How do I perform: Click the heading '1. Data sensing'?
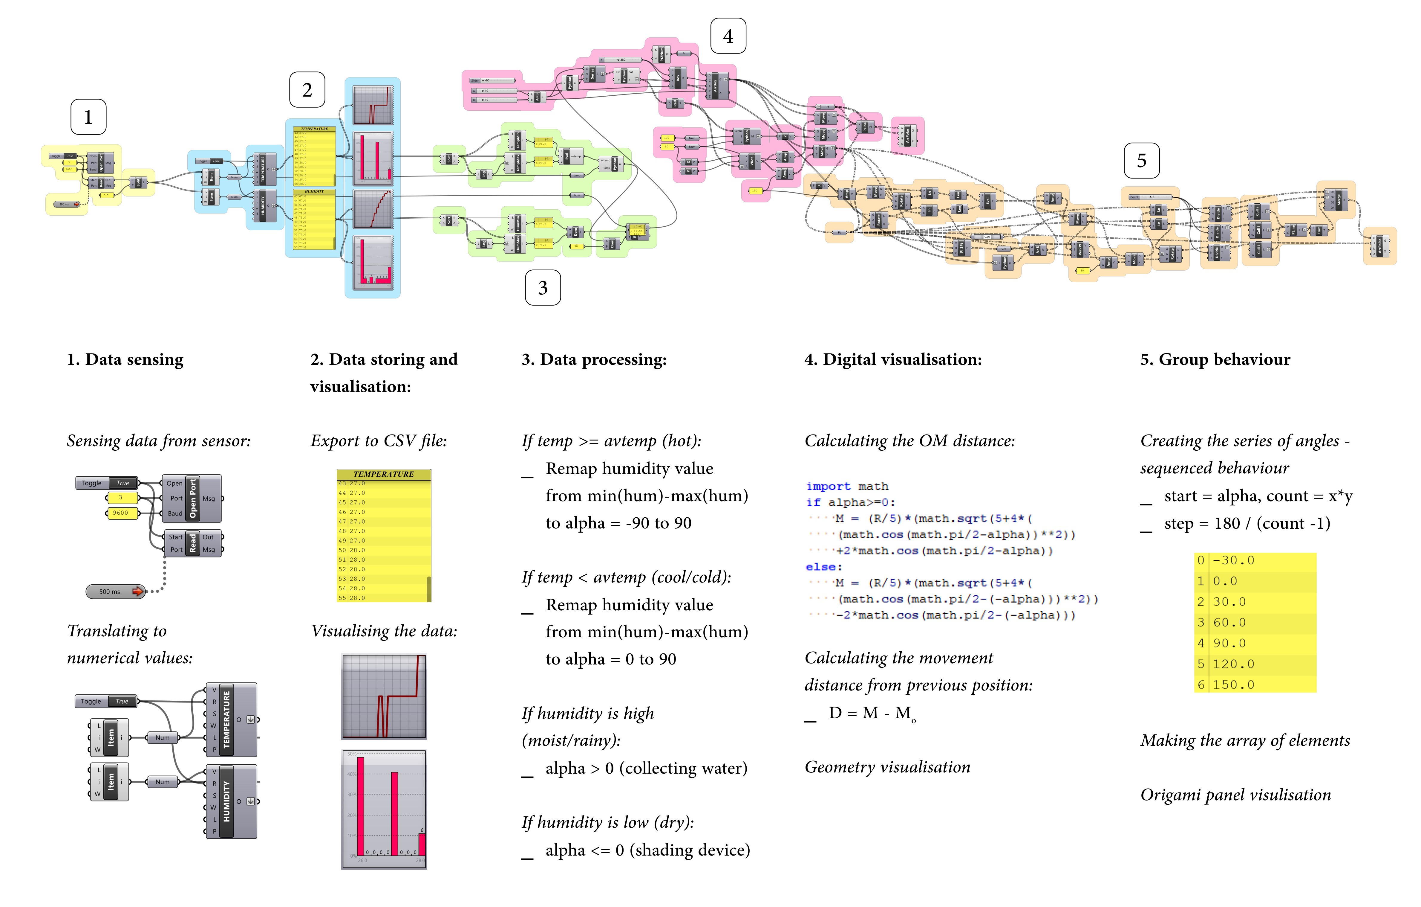(x=125, y=360)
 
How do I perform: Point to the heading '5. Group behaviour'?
(x=1215, y=360)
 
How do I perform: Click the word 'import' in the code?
(x=828, y=486)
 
